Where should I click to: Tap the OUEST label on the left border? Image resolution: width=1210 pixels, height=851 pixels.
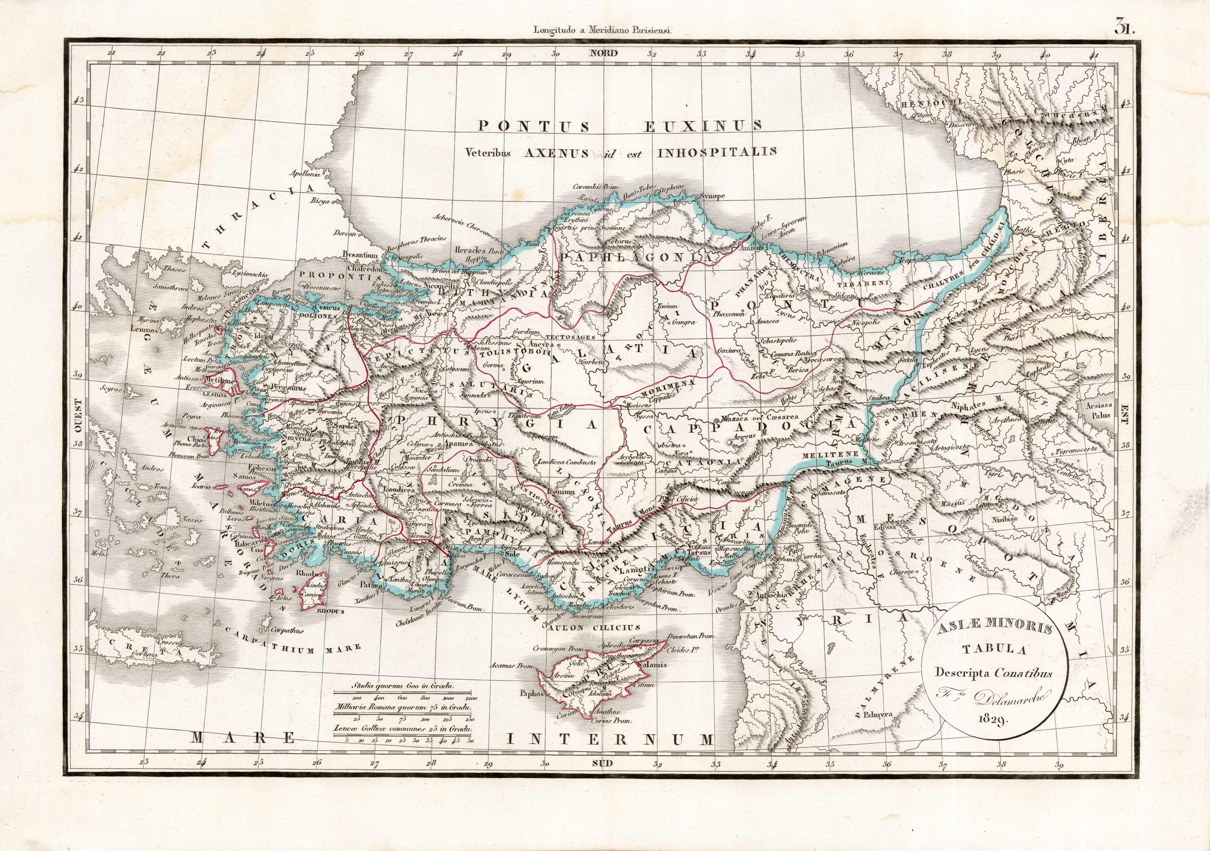pyautogui.click(x=78, y=416)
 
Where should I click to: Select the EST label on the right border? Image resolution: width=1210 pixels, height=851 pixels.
pyautogui.click(x=1123, y=417)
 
